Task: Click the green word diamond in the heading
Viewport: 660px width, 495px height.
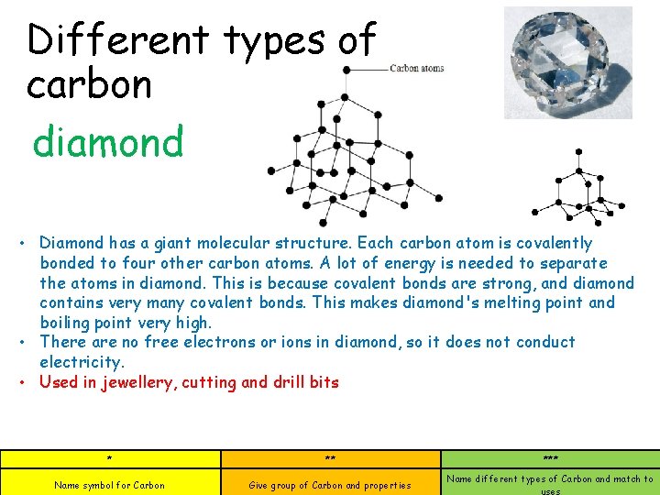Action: click(x=108, y=143)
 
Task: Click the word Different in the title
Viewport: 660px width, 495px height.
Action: click(x=118, y=40)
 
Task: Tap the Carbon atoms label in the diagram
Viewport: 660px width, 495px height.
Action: click(x=416, y=68)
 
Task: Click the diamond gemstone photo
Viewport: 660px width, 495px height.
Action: click(x=568, y=63)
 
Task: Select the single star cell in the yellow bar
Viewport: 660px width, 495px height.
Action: click(x=110, y=458)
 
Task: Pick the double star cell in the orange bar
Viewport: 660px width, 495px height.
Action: click(x=330, y=458)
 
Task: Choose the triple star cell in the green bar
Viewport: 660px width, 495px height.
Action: click(x=550, y=458)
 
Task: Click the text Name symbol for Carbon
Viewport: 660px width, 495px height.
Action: click(x=110, y=485)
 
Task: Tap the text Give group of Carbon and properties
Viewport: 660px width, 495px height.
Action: click(x=330, y=485)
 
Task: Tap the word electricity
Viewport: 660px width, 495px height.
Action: click(x=82, y=362)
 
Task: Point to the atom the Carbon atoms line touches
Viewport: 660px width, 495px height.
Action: click(x=346, y=70)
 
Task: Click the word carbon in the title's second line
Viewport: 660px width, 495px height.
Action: click(x=89, y=85)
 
